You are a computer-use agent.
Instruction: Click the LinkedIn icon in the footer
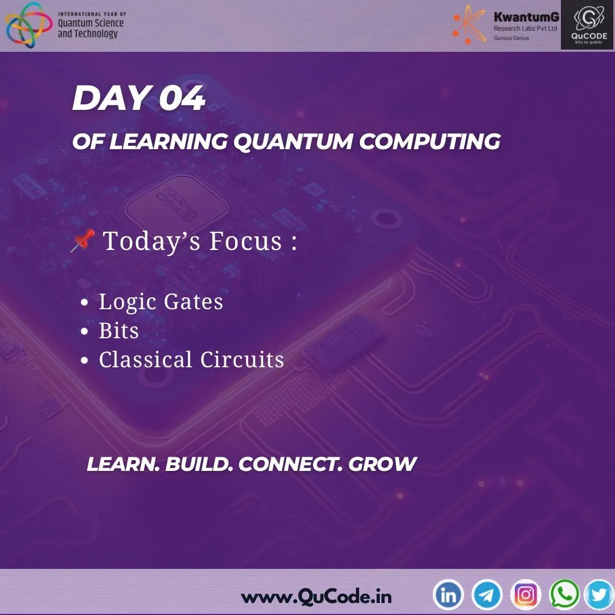click(449, 595)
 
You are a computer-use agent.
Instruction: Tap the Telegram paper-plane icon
click(487, 595)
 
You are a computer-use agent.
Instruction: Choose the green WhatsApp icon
click(564, 595)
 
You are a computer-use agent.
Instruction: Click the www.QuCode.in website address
click(316, 597)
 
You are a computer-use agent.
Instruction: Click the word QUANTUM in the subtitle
click(293, 142)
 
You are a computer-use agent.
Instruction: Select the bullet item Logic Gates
click(161, 301)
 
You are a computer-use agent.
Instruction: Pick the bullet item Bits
click(118, 331)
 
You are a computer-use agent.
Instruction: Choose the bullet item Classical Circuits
click(191, 360)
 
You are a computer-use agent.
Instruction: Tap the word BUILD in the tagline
click(198, 464)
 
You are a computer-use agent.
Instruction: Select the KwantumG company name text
click(526, 18)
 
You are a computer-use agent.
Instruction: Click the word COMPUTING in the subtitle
click(429, 142)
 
